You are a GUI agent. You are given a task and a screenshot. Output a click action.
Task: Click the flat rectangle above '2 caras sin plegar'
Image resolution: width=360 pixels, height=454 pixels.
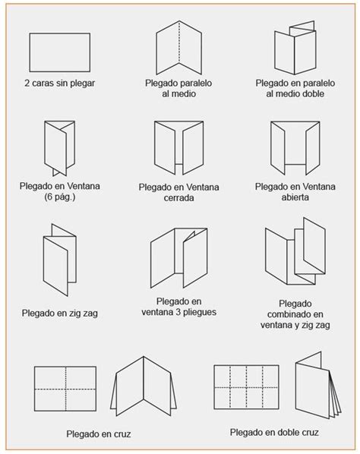tap(59, 52)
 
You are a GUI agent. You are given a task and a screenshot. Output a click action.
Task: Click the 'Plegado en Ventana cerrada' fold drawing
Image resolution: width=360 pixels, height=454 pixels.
tap(177, 147)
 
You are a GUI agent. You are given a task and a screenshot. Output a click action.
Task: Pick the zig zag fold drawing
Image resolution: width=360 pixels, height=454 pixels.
tap(58, 258)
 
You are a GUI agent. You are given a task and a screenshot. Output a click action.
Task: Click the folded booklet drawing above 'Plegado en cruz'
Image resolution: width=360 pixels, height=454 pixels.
tap(143, 387)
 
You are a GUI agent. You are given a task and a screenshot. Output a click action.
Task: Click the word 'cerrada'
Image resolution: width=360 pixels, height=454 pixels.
tap(177, 197)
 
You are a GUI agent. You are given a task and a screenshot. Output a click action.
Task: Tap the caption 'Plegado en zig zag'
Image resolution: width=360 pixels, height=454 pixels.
tap(59, 312)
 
